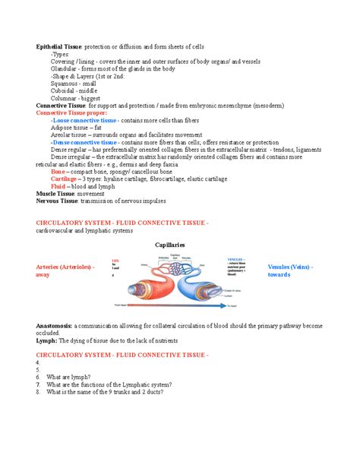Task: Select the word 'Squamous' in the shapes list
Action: pyautogui.click(x=63, y=83)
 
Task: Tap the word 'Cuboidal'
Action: pyautogui.click(x=62, y=90)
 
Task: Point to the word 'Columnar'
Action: pyautogui.click(x=63, y=96)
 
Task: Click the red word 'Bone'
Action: pyautogui.click(x=58, y=172)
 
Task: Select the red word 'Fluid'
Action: pyautogui.click(x=58, y=186)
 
